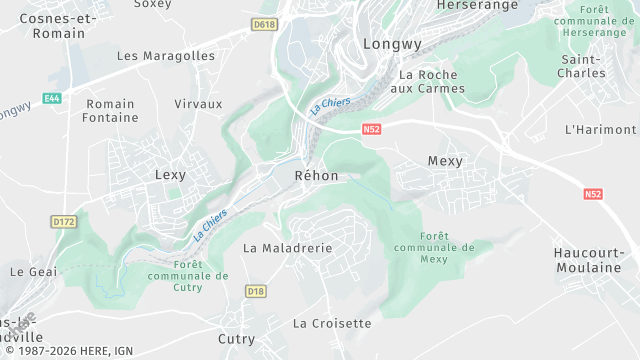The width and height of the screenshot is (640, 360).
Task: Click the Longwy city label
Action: pos(393,44)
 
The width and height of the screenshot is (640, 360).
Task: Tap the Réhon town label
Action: pos(317,176)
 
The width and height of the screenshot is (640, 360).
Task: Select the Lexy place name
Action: pos(171,175)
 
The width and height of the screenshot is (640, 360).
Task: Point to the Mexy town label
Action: pos(445,161)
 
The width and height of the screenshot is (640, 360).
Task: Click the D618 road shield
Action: pos(264,24)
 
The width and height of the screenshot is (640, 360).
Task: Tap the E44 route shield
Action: pos(53,98)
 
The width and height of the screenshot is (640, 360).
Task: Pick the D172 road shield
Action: pos(64,221)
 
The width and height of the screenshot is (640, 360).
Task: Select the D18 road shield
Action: pos(257,291)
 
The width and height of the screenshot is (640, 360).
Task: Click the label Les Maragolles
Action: pos(166,56)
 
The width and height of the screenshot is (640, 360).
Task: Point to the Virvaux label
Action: pos(198,104)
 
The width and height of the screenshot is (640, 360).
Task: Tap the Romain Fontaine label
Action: pos(111,111)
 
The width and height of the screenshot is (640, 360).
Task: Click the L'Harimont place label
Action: pos(600,130)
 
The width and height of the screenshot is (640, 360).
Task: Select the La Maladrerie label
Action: pos(288,247)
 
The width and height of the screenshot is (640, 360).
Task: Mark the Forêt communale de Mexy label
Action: pos(434,247)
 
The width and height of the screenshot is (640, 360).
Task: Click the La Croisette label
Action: pos(332,324)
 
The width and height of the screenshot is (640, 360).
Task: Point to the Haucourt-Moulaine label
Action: pos(597,261)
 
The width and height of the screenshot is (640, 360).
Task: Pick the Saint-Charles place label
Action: pos(582,67)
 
